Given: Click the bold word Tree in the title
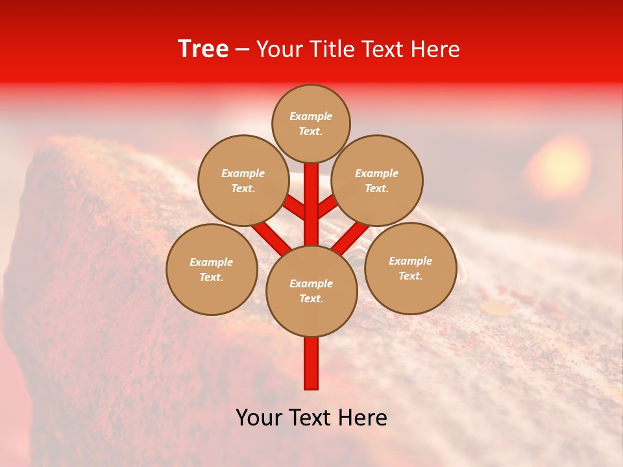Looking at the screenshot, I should point(203,49).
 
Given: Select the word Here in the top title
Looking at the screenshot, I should point(435,49).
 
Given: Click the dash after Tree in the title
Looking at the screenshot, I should point(242,50).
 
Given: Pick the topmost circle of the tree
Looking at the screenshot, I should point(311,123).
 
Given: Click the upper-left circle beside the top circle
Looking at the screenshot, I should point(243,180).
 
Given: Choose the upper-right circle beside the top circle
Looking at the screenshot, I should point(377,180).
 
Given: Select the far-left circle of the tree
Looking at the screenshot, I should point(212,269).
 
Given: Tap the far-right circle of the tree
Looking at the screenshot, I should point(410,268).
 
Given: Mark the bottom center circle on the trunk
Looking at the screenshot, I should point(311,291).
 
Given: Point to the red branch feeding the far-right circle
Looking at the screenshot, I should point(351,237).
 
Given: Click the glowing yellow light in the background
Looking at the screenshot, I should point(558,166).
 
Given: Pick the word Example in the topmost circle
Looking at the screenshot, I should point(311,116).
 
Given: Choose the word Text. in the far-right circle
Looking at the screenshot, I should point(410,276).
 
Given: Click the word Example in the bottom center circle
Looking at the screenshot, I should point(311,283).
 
